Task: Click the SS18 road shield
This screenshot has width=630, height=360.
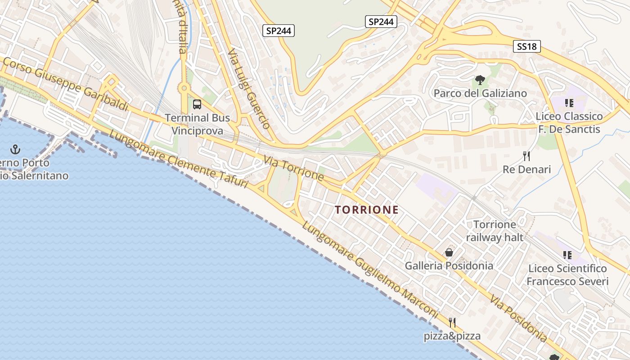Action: (526, 46)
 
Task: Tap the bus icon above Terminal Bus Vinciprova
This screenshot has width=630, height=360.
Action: (197, 104)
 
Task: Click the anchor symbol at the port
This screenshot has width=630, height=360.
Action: (16, 149)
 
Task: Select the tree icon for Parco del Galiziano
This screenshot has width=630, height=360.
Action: (480, 80)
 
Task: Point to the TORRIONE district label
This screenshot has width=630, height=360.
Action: (367, 210)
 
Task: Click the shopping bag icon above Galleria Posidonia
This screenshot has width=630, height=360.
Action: (449, 252)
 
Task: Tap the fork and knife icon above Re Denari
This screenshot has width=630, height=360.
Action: (526, 156)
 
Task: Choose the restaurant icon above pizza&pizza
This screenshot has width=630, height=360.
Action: (452, 323)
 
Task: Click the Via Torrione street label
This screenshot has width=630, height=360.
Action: (294, 168)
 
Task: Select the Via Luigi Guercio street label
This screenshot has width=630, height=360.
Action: (248, 89)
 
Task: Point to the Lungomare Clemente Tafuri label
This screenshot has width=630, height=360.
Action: (178, 160)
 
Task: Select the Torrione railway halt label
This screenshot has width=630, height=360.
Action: (495, 231)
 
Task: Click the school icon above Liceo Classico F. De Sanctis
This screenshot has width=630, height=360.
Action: (569, 103)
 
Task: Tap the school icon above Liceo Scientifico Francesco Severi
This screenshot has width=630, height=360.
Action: (567, 255)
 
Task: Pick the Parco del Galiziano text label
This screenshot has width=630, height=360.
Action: (480, 93)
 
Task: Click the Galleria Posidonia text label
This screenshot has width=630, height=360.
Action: (449, 265)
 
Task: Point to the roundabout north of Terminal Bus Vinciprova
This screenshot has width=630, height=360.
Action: (184, 88)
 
